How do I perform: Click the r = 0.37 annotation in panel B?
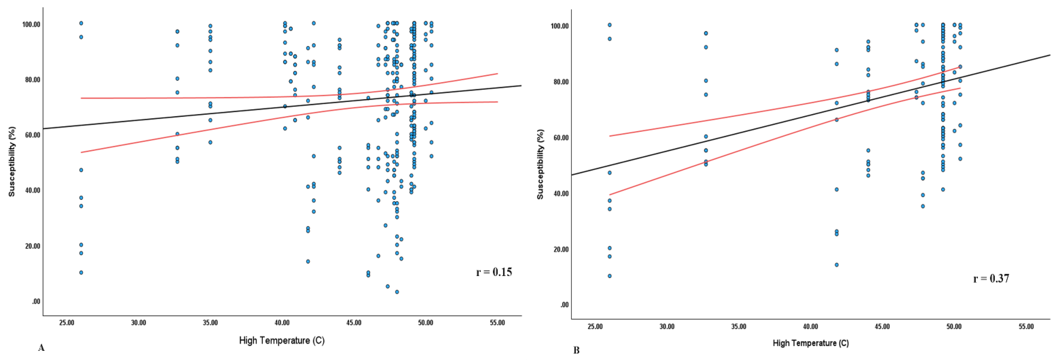[x=991, y=279]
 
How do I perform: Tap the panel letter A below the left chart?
[x=41, y=348]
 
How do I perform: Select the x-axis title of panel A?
[x=282, y=341]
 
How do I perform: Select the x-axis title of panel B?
[x=811, y=343]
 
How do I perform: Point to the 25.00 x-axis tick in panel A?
[x=67, y=323]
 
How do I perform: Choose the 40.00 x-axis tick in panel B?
[x=811, y=327]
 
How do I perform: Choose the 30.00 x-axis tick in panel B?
[x=667, y=327]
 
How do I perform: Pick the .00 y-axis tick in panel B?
[x=564, y=305]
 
